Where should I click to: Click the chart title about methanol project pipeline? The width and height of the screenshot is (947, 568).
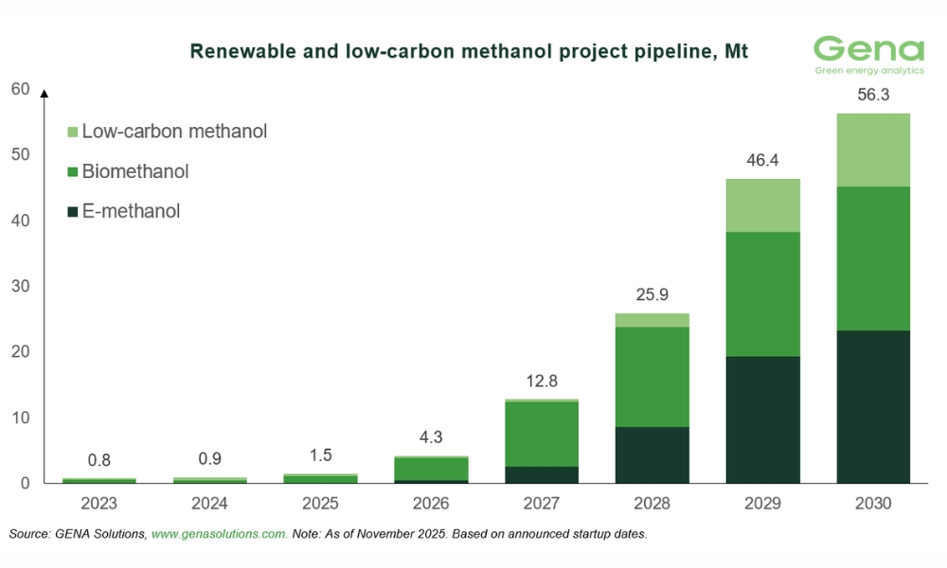(x=469, y=51)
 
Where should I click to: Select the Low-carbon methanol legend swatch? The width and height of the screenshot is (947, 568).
(x=73, y=132)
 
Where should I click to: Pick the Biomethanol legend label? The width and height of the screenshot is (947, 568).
(x=135, y=171)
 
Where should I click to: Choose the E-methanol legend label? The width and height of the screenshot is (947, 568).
(x=131, y=211)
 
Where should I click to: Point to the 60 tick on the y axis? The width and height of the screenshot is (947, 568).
(x=21, y=90)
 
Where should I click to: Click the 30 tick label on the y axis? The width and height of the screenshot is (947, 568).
(x=21, y=286)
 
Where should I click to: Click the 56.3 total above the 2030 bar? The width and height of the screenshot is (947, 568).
(x=873, y=96)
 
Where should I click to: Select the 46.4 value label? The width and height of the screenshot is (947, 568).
(x=762, y=161)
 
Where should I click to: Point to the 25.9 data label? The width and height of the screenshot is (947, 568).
(x=652, y=295)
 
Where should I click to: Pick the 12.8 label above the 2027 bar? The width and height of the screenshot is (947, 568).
(x=541, y=382)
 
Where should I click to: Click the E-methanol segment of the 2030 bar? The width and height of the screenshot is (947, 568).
(x=873, y=407)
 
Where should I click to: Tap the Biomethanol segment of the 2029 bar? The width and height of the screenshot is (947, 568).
(x=762, y=293)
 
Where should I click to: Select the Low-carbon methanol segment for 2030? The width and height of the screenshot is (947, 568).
(x=873, y=150)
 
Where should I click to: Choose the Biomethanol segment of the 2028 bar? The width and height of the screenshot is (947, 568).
(x=652, y=377)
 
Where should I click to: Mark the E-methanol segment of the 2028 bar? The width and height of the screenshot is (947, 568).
(x=652, y=455)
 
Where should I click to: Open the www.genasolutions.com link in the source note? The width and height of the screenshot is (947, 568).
(x=220, y=535)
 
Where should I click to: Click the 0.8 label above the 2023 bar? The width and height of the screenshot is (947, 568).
(x=98, y=460)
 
